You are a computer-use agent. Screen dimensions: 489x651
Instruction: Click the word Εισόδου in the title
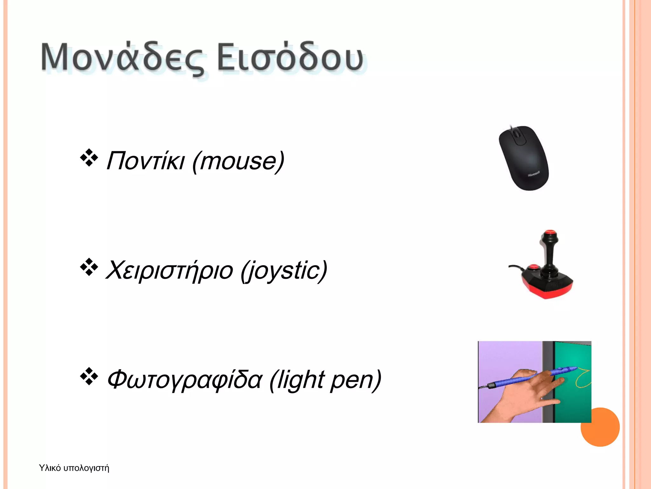tap(290, 57)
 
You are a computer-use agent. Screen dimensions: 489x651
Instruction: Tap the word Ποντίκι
tap(145, 161)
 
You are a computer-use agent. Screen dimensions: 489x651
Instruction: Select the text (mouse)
tap(238, 162)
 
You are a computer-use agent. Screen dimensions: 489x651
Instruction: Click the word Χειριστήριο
tap(169, 270)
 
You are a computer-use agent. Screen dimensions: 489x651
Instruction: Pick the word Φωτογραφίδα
tap(185, 380)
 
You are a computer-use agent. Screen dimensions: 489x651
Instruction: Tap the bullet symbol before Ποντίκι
tap(89, 158)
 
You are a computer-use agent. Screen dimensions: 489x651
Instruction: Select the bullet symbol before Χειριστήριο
tap(89, 267)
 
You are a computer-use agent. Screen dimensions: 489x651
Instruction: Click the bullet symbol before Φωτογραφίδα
tap(89, 376)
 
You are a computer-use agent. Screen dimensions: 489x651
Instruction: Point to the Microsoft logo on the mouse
tap(534, 174)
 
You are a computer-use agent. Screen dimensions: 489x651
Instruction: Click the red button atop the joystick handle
tap(550, 232)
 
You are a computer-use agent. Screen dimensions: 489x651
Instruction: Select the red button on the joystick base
tap(533, 267)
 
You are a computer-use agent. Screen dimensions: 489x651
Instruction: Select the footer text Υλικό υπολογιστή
tap(74, 468)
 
